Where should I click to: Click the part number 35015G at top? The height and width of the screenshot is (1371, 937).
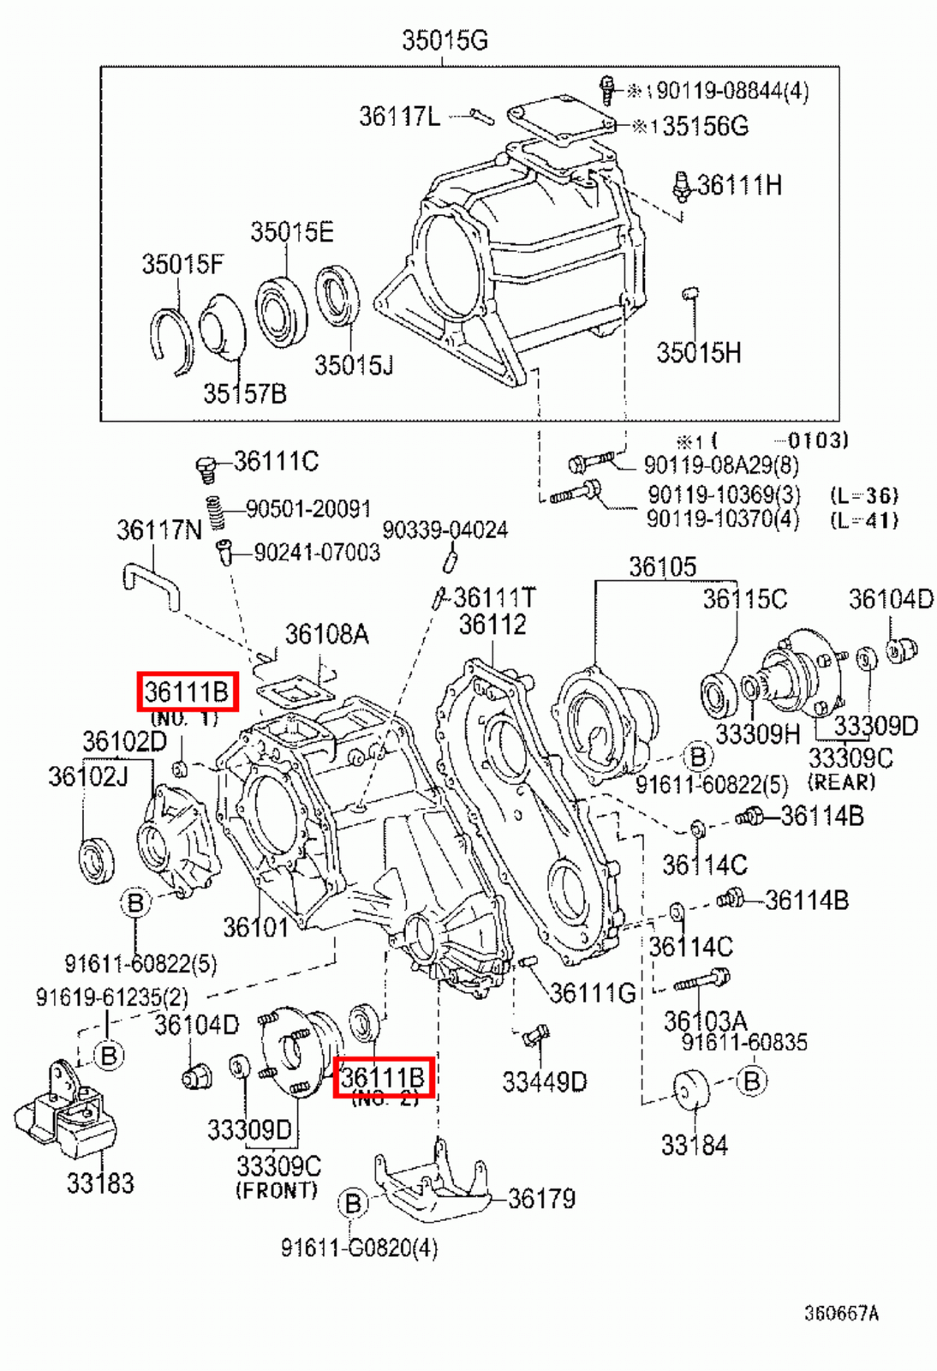point(445,39)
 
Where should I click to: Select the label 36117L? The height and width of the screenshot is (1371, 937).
point(398,116)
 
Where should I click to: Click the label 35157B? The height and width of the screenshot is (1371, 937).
point(244,393)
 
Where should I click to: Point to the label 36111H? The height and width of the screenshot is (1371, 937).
point(739,185)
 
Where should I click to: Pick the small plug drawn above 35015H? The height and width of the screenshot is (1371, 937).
point(690,295)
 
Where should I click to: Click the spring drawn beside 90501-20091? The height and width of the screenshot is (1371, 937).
point(216,512)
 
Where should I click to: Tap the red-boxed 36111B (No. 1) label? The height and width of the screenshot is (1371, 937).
point(187,691)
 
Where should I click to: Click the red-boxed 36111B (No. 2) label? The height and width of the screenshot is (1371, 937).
point(383,1077)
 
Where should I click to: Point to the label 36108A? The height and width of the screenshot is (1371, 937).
point(326,634)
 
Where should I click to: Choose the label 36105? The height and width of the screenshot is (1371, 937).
point(662,566)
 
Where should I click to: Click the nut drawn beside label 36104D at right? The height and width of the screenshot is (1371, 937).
point(899,650)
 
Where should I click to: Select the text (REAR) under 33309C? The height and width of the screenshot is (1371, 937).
point(841,781)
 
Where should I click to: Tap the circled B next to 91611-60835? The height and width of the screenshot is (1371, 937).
point(751,1081)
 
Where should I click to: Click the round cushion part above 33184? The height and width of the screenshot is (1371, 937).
point(693,1090)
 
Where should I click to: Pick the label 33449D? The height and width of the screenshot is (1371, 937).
point(544,1082)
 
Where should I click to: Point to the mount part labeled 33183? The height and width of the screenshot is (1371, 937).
point(69,1114)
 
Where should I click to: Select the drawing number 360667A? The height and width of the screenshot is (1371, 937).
point(840,1313)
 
